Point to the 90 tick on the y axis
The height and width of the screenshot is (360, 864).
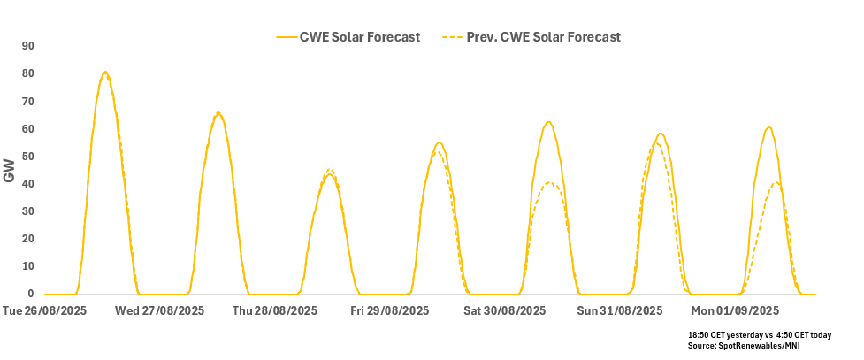coord(27,46)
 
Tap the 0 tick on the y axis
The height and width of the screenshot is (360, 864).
coord(31,294)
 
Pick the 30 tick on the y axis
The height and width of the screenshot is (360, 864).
coord(27,211)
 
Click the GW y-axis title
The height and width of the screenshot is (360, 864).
coord(10,170)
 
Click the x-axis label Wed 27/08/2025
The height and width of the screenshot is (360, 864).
coord(159,310)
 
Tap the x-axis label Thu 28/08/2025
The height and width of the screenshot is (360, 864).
coord(274,310)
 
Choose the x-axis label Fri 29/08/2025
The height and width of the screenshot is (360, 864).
coord(390,310)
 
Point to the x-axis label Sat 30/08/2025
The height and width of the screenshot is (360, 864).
coord(505,310)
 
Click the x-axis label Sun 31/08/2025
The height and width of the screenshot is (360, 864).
coord(620,310)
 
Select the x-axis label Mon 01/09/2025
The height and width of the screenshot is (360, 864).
coord(735,310)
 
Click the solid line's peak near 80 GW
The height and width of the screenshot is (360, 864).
coord(105,72)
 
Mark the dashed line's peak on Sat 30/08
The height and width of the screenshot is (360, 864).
coord(549,182)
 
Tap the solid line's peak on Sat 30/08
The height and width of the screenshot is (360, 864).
coord(549,122)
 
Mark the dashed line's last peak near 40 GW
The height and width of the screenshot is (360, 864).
coord(776,183)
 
